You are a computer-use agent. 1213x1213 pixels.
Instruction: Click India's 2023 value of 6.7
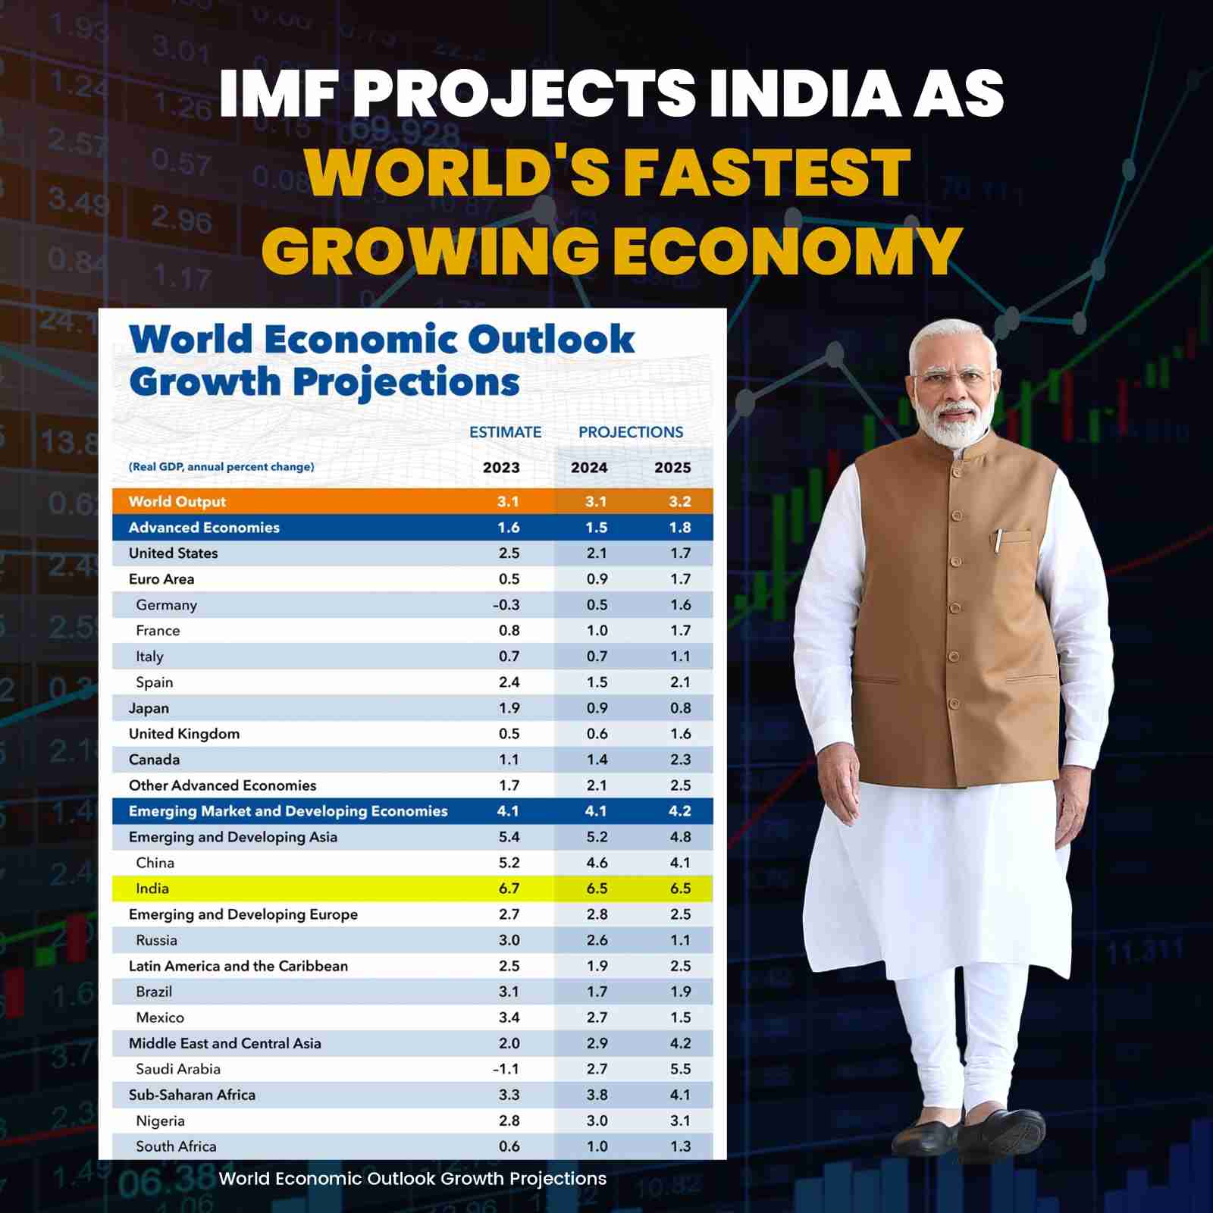[x=509, y=889]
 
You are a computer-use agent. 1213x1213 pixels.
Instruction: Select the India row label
[x=152, y=889]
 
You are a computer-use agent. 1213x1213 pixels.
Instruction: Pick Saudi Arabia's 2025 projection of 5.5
[x=680, y=1069]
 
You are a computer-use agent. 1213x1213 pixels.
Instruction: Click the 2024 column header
[x=589, y=468]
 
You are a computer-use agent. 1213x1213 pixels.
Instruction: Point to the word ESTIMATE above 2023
[x=505, y=432]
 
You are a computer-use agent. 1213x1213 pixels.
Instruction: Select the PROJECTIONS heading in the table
[x=631, y=432]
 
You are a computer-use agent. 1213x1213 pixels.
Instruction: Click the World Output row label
[x=177, y=502]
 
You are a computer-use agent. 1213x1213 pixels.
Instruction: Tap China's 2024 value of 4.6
[x=597, y=863]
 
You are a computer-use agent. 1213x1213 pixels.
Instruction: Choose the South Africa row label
[x=176, y=1146]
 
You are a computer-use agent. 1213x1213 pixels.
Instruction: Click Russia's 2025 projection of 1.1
[x=680, y=940]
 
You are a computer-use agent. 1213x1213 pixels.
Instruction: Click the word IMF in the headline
[x=277, y=93]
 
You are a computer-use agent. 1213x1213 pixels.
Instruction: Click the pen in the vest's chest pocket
[x=999, y=541]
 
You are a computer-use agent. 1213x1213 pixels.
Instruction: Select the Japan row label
[x=149, y=708]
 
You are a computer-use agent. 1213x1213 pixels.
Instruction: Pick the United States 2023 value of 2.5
[x=509, y=553]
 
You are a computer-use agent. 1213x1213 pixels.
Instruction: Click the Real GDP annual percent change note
[x=221, y=467]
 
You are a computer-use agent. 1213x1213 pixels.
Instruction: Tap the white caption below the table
[x=412, y=1179]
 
